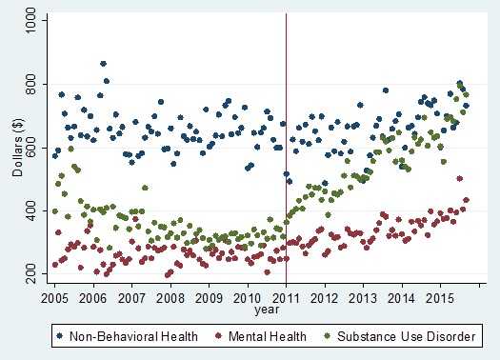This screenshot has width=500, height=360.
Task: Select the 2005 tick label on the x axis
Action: pyautogui.click(x=54, y=296)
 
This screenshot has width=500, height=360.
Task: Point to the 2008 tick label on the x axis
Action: pyautogui.click(x=170, y=296)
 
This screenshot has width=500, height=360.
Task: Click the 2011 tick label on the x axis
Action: pyautogui.click(x=287, y=296)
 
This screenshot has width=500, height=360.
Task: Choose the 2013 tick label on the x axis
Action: pyautogui.click(x=364, y=296)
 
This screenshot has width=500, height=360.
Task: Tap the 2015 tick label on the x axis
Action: pyautogui.click(x=441, y=296)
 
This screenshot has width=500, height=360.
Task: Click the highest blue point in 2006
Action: pyautogui.click(x=103, y=64)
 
